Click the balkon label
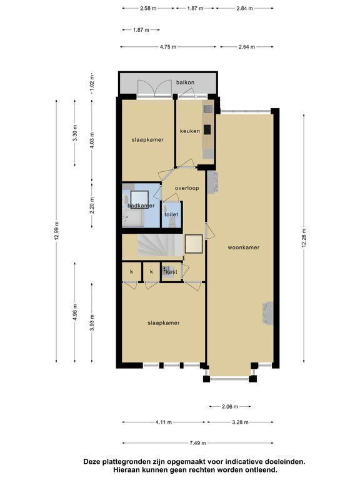185,82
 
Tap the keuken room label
190,131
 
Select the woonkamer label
244,247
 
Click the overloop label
187,188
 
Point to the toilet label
171,214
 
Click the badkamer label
141,206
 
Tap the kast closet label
171,271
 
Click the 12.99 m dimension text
56,231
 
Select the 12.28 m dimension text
304,238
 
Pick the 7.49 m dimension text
197,442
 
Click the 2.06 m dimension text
230,406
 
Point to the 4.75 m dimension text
168,47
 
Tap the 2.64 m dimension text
247,47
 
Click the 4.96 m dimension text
75,312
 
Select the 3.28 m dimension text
240,422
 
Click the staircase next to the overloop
160,245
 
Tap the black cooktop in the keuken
207,130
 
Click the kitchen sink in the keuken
208,109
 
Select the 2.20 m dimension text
92,206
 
